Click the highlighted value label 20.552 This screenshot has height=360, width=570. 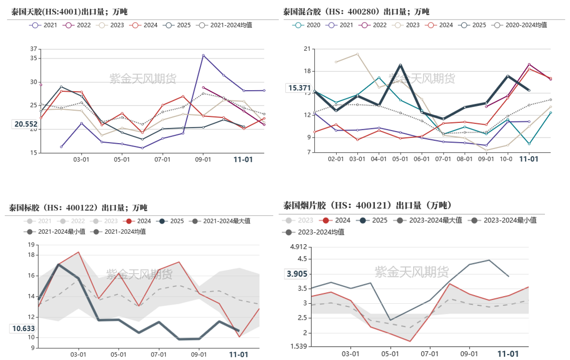point(26,124)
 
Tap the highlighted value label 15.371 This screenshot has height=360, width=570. point(299,88)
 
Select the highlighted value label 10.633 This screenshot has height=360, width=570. point(22,328)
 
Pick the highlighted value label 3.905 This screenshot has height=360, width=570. point(297,274)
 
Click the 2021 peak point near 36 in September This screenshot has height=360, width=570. point(203,55)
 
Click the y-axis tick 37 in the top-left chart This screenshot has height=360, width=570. point(34,49)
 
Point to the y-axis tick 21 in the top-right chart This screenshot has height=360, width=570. point(306,49)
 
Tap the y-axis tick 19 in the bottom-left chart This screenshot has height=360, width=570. point(31,245)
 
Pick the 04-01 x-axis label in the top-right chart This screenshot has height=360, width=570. point(378,159)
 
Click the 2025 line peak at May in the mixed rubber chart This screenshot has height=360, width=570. point(400,65)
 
